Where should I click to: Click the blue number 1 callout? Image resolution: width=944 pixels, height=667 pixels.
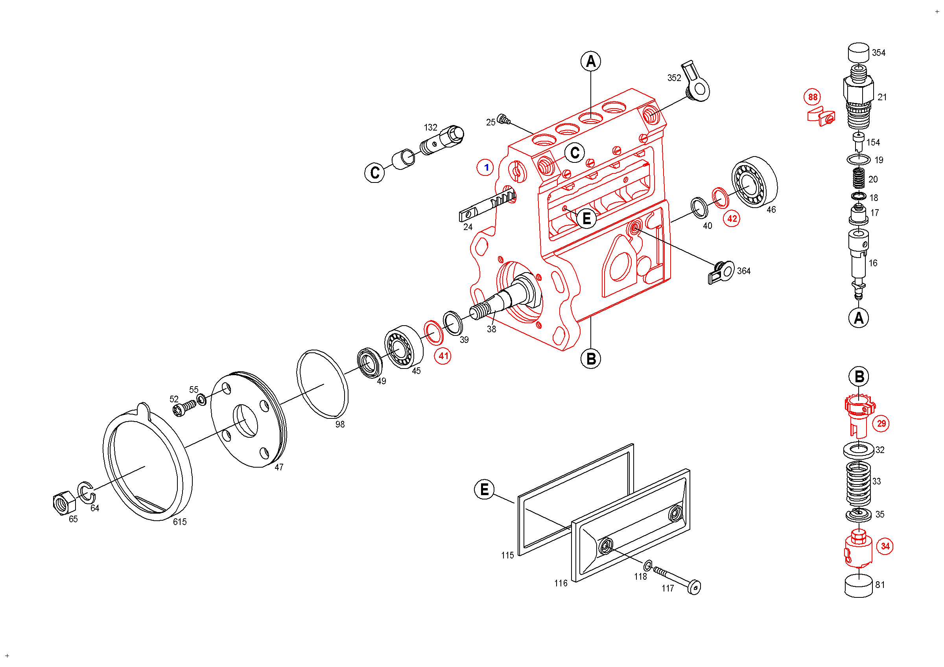point(485,168)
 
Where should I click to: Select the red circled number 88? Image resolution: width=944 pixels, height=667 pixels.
point(813,97)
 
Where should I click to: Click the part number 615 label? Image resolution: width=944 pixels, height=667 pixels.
point(180,522)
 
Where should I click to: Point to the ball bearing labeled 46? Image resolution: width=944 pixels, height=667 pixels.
point(754,182)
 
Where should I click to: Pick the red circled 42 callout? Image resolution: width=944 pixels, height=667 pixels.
point(732,219)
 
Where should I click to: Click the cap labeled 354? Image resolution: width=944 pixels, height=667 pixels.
point(859,53)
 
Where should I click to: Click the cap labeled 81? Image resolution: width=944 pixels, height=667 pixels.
point(859,586)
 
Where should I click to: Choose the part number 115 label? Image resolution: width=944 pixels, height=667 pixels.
point(507,556)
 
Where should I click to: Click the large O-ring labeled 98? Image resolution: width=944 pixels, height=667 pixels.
point(323,385)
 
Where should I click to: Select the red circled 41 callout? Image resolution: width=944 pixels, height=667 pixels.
point(443,356)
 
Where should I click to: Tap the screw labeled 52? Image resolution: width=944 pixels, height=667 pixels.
point(184,409)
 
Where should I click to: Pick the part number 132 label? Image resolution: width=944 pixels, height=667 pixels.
point(430,128)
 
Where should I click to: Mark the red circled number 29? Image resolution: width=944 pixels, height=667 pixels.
point(881,424)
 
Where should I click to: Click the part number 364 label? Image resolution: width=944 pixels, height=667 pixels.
point(744,271)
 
